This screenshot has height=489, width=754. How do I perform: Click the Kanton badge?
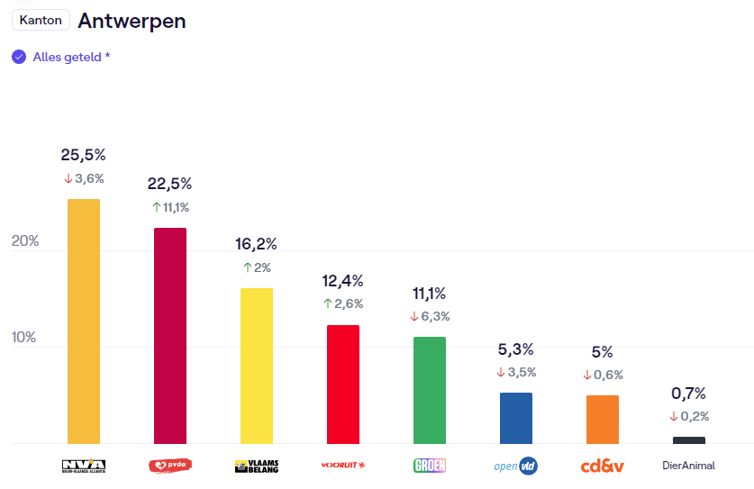click(x=41, y=20)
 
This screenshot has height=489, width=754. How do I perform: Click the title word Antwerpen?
click(x=132, y=20)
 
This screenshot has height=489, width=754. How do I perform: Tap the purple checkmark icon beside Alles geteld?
click(x=19, y=57)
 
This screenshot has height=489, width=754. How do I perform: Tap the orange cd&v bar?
click(x=603, y=420)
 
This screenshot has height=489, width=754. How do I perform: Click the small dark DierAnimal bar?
click(x=689, y=440)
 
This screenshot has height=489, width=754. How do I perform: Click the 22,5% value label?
click(x=170, y=184)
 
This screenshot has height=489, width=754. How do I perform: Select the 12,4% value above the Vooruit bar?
click(x=343, y=280)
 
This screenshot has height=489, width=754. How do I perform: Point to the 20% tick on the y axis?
click(x=24, y=241)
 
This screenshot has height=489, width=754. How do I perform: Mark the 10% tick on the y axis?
click(x=24, y=338)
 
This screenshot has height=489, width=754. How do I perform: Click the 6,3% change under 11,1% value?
click(x=430, y=316)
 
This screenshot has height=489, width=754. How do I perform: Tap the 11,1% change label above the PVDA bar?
click(x=170, y=207)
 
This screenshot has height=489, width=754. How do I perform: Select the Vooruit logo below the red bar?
click(x=343, y=466)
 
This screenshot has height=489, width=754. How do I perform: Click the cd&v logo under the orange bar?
click(x=603, y=466)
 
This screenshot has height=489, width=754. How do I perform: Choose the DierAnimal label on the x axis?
click(x=689, y=466)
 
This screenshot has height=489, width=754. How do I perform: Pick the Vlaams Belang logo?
click(x=257, y=466)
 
